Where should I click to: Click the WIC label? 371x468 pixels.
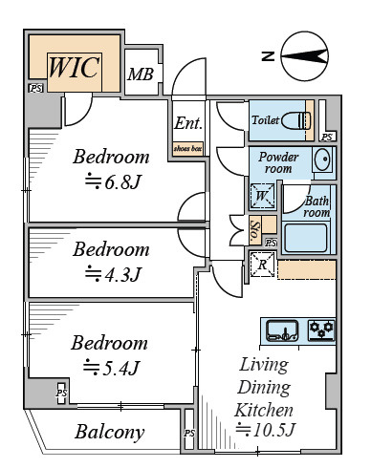[x=74, y=67]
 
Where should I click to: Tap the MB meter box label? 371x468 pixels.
[x=141, y=74]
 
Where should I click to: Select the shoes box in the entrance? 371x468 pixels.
[x=188, y=149]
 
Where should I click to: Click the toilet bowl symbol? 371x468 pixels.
[x=296, y=120]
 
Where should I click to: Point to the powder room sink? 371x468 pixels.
[x=323, y=159]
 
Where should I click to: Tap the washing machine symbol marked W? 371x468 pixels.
[x=262, y=196]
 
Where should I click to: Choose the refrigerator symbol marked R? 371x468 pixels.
[x=262, y=265]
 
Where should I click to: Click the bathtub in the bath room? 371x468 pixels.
[x=306, y=238]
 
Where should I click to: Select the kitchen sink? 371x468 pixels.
[x=282, y=330]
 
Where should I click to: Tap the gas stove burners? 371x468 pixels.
[x=321, y=330]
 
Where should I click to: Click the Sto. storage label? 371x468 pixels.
[x=255, y=230]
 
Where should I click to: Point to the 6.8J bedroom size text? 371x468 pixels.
[x=113, y=181]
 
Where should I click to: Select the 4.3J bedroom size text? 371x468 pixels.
[x=113, y=274]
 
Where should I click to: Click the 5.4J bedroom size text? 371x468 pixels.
[x=111, y=368]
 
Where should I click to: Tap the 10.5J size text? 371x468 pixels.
[x=266, y=430]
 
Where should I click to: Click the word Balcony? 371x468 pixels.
[x=110, y=433]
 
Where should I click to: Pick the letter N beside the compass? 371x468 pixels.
[x=268, y=56]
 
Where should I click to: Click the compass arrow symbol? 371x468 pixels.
[x=305, y=56]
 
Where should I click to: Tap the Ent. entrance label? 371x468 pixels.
[x=188, y=123]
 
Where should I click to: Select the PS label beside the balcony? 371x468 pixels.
[x=189, y=433]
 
